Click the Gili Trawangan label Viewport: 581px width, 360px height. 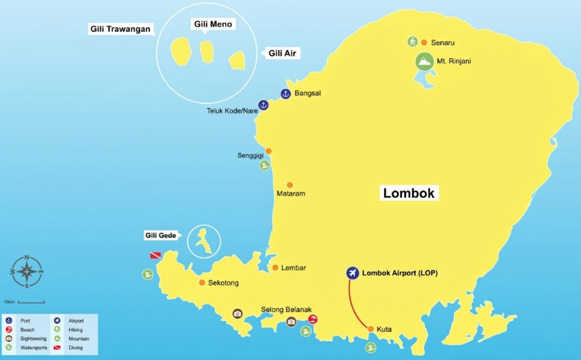coord(121,28)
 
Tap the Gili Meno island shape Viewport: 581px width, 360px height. coord(207,52)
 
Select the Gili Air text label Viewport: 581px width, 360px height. coord(284,53)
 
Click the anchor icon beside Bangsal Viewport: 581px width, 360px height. coord(285,93)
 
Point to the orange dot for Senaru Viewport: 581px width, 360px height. coord(424,42)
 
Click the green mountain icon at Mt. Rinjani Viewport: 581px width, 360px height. coord(425,62)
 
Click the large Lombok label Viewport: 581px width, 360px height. coord(409,193)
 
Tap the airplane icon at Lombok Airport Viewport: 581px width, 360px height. coord(352,273)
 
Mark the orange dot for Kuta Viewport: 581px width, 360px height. coord(371,329)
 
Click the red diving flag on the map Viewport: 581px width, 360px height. coord(155,255)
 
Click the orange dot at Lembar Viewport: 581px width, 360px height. coord(275,268)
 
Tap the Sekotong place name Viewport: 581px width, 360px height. coord(223,283)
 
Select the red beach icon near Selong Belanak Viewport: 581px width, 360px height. coord(313,319)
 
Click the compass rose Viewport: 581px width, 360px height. coord(27,272)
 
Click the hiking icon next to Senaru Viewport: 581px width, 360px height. coord(412,42)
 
